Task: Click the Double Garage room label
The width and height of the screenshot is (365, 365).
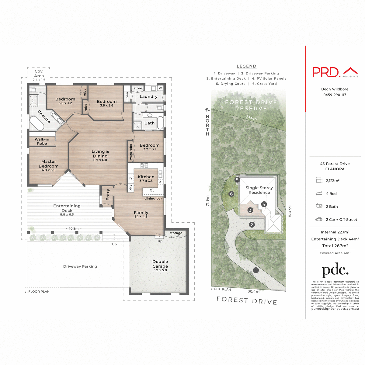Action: point(160,264)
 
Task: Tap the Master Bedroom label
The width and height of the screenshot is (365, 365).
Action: point(49,164)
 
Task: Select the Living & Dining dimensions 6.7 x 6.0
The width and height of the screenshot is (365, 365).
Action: point(100,160)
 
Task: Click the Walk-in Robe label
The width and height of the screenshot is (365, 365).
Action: point(42,141)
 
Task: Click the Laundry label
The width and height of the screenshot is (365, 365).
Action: point(148,97)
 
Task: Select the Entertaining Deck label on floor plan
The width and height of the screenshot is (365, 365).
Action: point(67,208)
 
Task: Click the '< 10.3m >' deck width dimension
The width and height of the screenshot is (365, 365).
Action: point(74,228)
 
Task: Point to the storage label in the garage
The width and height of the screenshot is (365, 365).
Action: point(176,233)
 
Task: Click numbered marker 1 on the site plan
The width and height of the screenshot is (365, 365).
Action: point(256,270)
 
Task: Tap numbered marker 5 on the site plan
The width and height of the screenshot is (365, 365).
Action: point(237,180)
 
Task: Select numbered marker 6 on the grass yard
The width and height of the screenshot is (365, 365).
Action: point(231,194)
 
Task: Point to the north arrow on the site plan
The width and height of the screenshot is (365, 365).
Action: point(207,110)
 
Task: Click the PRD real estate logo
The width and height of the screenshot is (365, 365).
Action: point(335,72)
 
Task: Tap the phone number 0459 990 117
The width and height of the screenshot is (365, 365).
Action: point(335,95)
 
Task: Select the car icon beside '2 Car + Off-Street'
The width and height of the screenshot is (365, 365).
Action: point(319,219)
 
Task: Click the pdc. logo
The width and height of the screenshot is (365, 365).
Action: point(335,270)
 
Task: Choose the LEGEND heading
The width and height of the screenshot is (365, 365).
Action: point(246,66)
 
